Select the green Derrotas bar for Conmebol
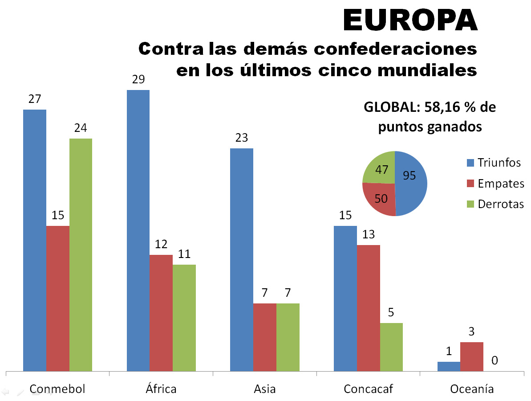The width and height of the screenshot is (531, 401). coord(81,254)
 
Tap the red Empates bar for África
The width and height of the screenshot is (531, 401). coord(161,312)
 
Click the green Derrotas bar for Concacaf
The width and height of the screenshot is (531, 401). coord(391,347)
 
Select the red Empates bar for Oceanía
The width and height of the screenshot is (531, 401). coord(472,356)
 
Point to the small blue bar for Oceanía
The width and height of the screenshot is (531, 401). coord(449,366)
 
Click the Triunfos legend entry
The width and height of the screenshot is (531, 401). coord(494,163)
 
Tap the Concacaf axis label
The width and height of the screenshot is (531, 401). coord(368,389)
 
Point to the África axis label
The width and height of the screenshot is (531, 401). coord(161,389)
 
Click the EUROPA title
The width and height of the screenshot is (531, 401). coord(410,20)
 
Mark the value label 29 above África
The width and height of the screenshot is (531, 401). coord(138,80)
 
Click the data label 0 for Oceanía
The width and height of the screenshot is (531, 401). coord(495,360)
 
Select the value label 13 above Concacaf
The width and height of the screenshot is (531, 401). coord(368,234)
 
